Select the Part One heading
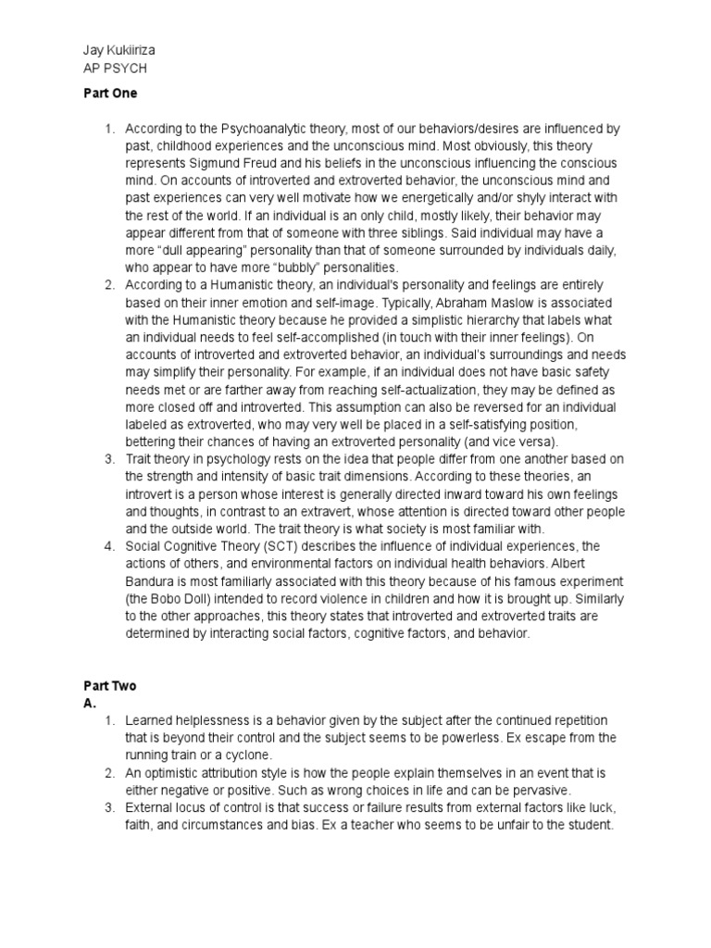coord(109,94)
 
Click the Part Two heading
coord(109,685)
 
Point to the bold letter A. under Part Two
coord(89,703)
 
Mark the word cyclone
coord(243,755)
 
